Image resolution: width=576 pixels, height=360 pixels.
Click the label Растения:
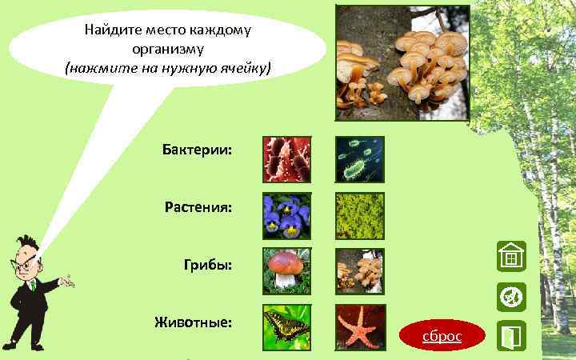198,208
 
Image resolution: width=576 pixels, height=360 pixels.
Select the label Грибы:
210,265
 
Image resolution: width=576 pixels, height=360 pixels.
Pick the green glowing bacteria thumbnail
359,159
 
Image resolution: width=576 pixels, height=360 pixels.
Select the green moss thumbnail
359,216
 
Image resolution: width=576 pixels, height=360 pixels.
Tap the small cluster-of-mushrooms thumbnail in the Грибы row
359,271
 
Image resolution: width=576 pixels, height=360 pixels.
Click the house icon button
510,257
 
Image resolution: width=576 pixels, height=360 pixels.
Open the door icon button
510,335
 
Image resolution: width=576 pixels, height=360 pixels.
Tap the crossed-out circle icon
510,297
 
